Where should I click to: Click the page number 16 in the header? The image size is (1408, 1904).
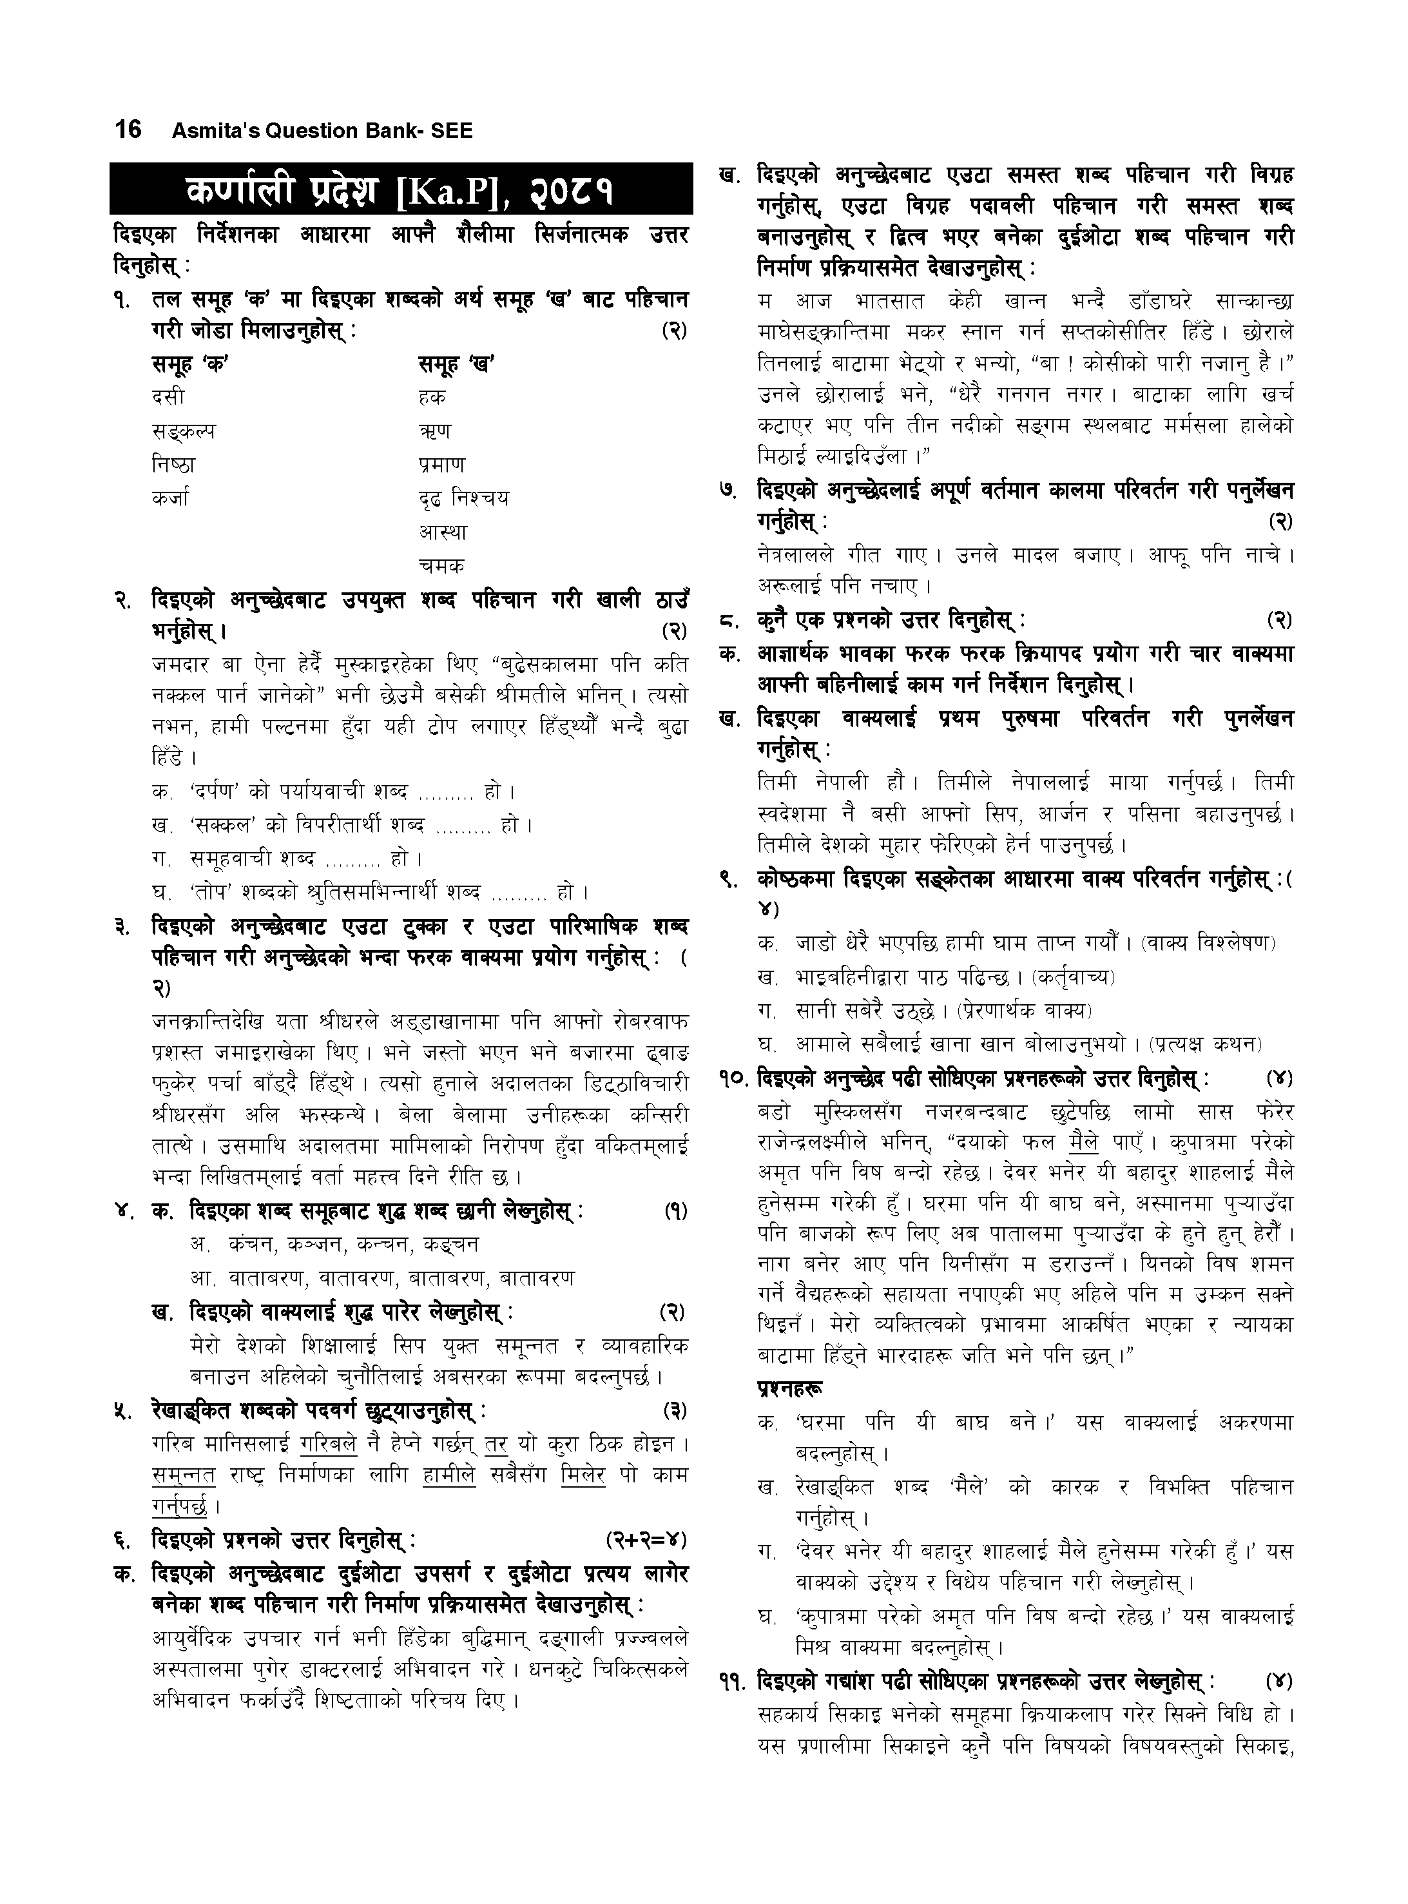pos(128,130)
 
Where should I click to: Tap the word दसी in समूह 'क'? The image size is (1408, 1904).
pos(168,396)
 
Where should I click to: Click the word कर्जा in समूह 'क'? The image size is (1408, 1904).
pos(171,497)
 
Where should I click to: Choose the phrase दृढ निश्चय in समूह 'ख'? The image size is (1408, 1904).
pos(463,497)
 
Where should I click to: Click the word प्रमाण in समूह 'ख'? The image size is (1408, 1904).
pos(442,465)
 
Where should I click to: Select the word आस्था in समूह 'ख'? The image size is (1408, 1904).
pos(443,531)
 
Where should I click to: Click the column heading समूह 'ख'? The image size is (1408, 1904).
pos(457,364)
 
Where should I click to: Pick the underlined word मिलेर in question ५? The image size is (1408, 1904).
pos(584,1475)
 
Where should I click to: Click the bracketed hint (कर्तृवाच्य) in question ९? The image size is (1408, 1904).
pos(1073,976)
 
